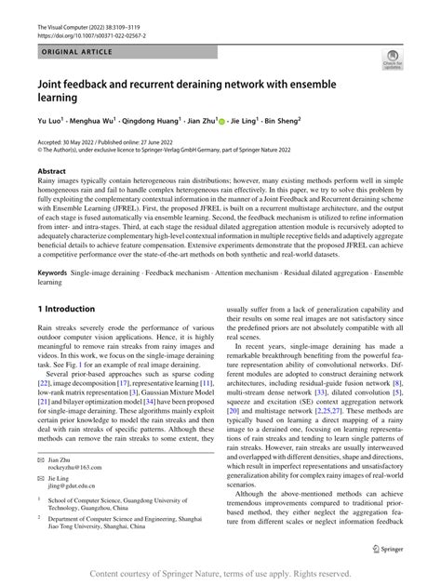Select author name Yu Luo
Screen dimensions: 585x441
(49, 121)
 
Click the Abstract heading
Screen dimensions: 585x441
(51, 172)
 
